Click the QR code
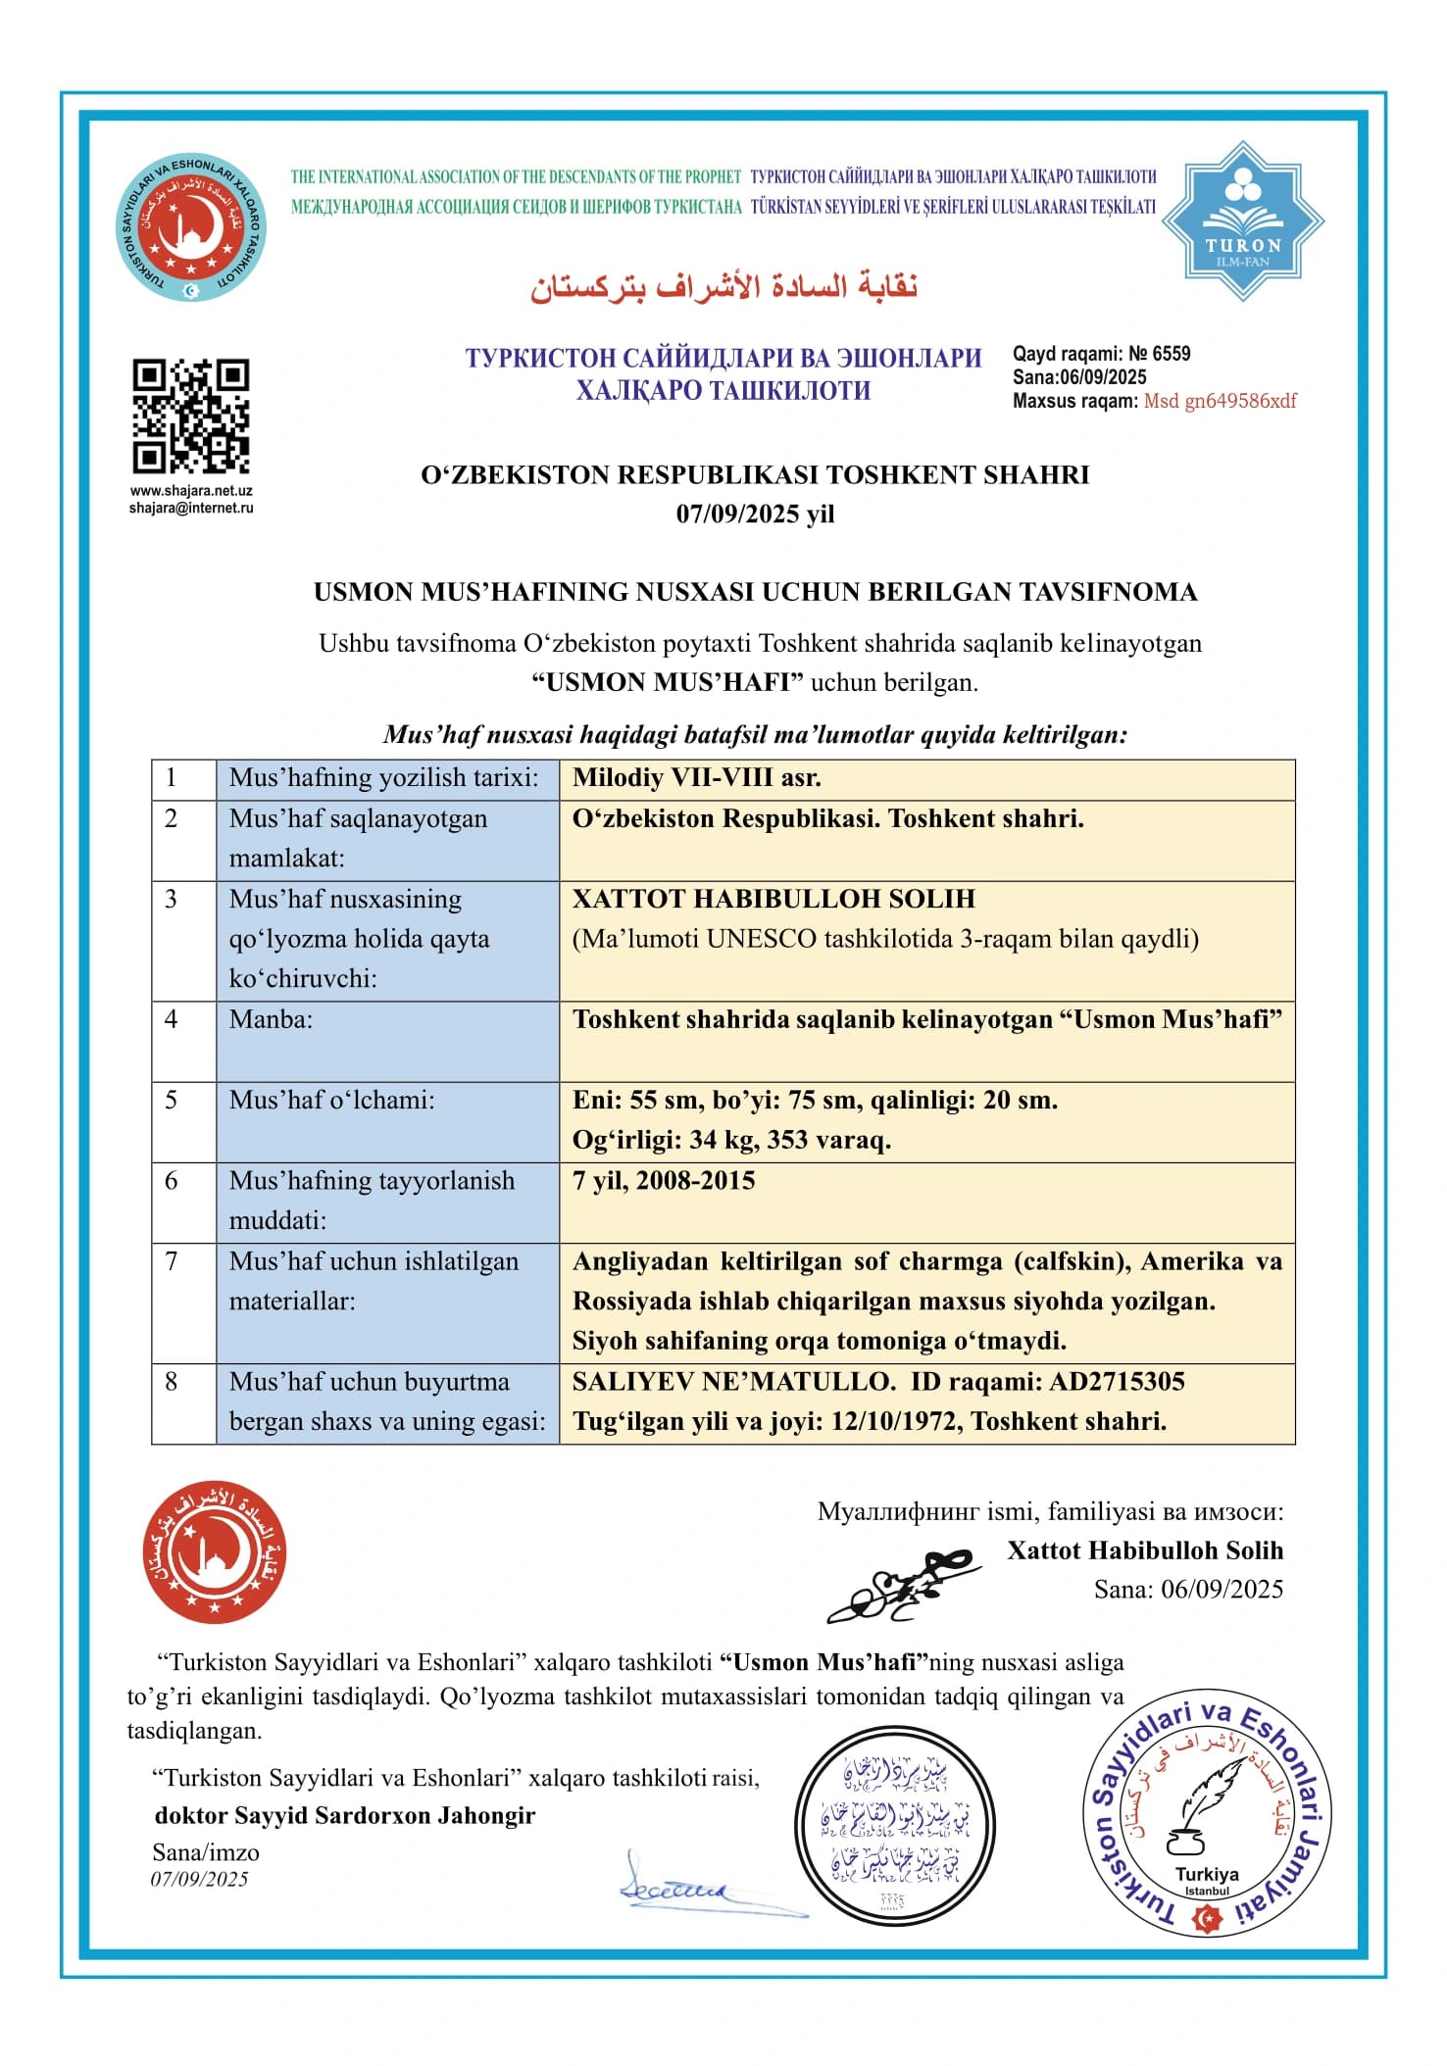click(x=191, y=417)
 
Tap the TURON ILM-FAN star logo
click(x=1243, y=221)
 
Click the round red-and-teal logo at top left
click(x=191, y=227)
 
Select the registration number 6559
click(x=1172, y=354)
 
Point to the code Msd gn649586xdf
click(x=1220, y=401)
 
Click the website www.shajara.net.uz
click(x=191, y=491)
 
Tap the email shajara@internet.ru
click(x=191, y=508)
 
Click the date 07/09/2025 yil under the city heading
click(x=755, y=514)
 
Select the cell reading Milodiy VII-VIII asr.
click(x=697, y=778)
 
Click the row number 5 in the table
click(x=171, y=1100)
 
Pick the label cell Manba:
click(x=271, y=1019)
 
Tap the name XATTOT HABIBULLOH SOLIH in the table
click(x=773, y=899)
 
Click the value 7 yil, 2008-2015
click(x=664, y=1180)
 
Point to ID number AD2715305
click(x=1117, y=1382)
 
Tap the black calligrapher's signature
click(x=902, y=1586)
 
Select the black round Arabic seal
click(x=894, y=1828)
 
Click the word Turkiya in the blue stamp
click(x=1207, y=1874)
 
